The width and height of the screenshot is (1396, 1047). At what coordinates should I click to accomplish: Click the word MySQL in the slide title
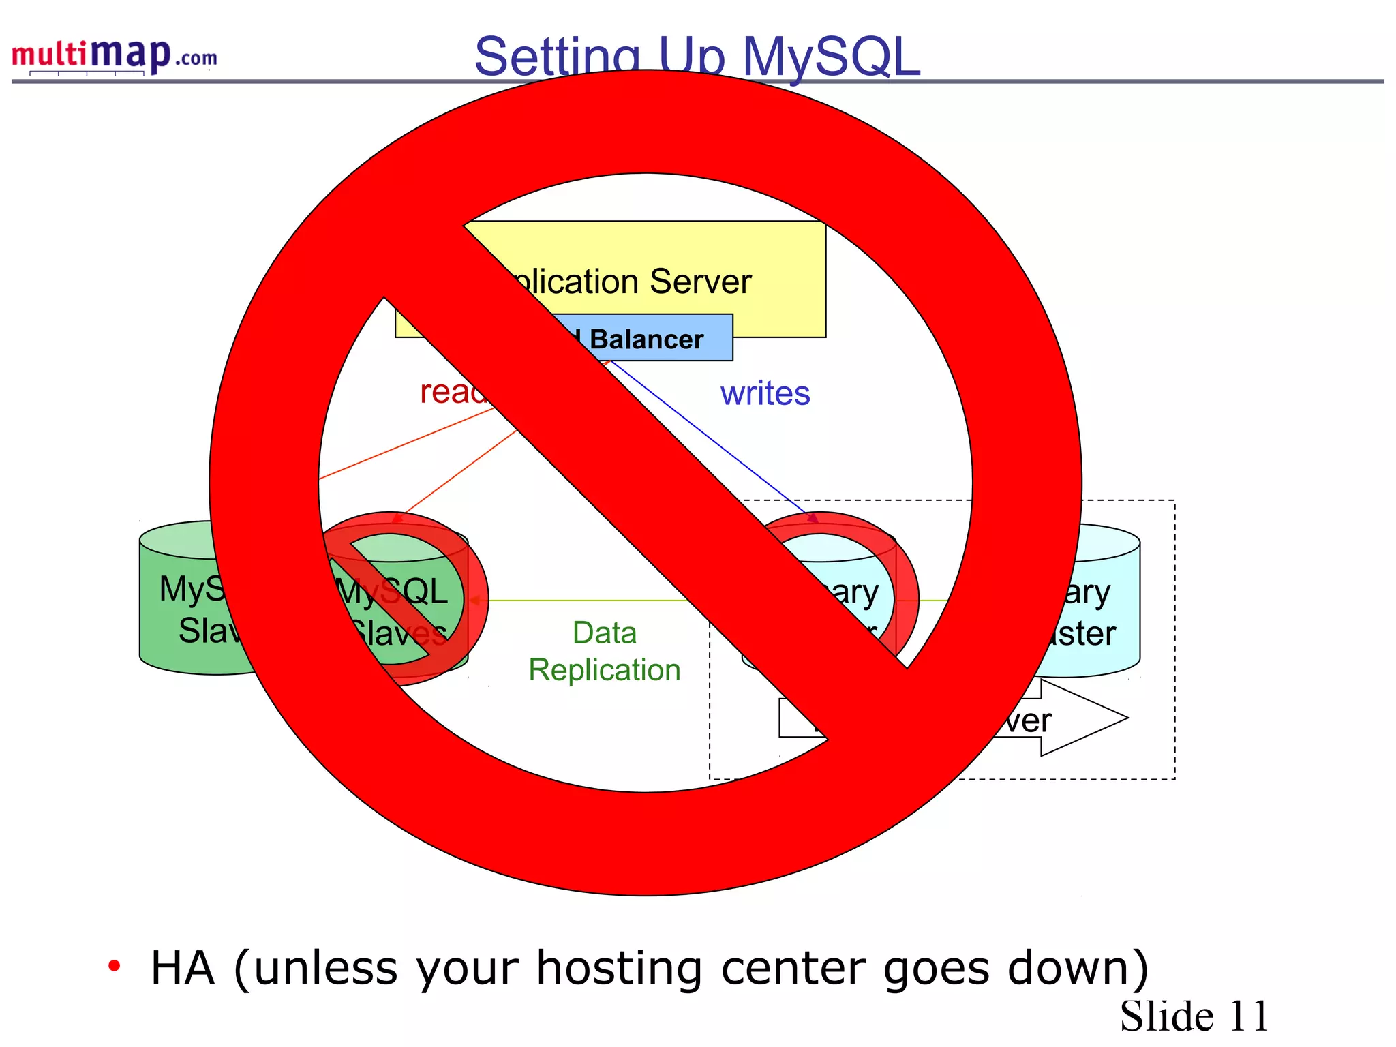[831, 56]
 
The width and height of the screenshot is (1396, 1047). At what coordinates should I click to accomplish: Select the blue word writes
[765, 393]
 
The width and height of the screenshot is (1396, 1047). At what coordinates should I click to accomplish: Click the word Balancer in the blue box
[646, 339]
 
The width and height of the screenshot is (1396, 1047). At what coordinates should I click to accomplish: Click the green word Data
[605, 633]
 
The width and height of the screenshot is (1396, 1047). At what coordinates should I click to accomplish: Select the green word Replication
[605, 669]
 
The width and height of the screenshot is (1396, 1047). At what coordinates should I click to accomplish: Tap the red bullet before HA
[115, 965]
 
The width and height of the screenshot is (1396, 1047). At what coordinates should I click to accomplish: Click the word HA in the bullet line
[182, 968]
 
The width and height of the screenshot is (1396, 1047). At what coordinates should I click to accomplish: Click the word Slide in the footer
[1166, 1016]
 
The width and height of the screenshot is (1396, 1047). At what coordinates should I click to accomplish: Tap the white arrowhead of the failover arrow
[1084, 718]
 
